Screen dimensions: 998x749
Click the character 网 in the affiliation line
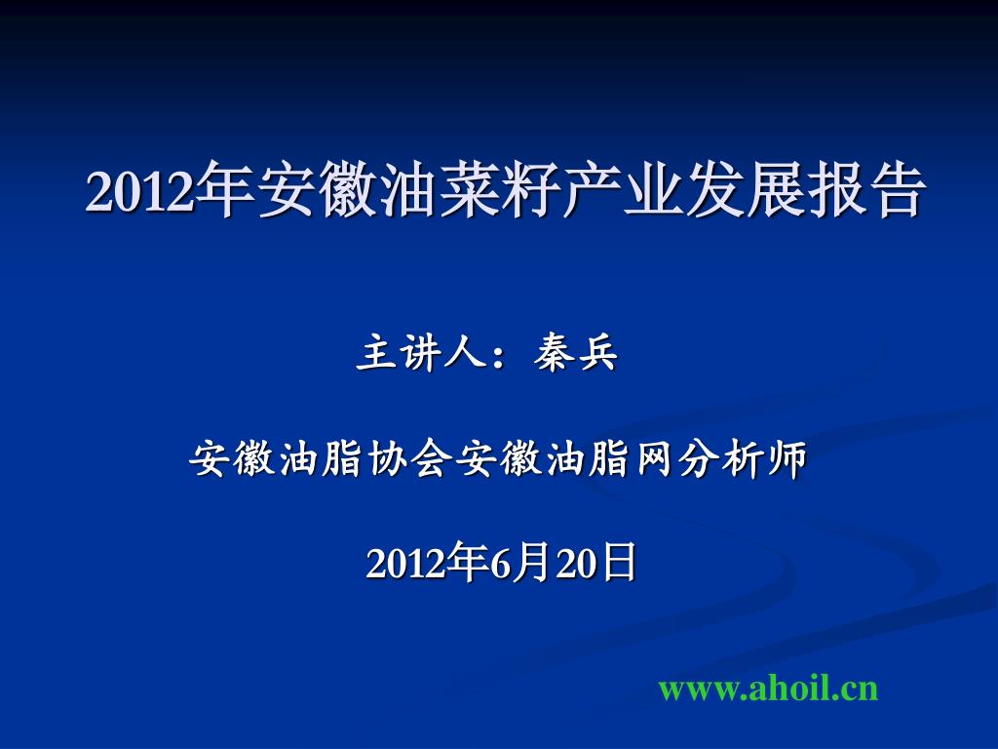tap(654, 458)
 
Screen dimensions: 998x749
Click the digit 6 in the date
tap(500, 564)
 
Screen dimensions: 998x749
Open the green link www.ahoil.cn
tap(768, 689)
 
